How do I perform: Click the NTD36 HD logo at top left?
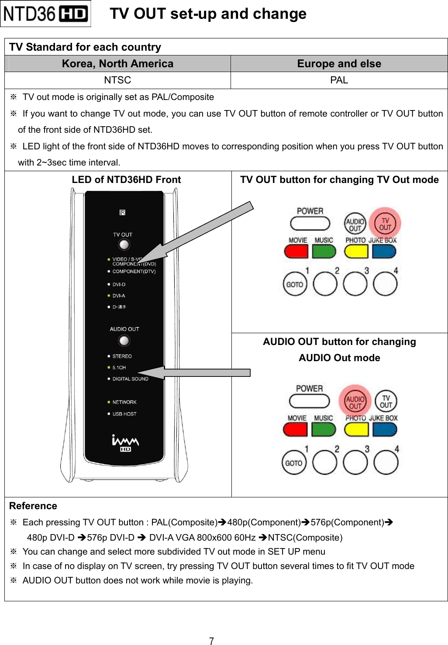click(45, 14)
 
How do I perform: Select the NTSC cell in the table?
click(117, 80)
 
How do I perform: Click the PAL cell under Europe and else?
click(339, 80)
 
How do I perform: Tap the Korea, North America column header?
click(117, 64)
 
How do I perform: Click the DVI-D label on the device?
click(119, 284)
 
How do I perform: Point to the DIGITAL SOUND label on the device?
click(130, 379)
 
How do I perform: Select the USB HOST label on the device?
click(124, 414)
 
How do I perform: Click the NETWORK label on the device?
click(124, 402)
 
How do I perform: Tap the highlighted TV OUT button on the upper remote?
click(385, 224)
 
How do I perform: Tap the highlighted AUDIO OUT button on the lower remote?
click(355, 402)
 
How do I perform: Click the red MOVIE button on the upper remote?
click(296, 252)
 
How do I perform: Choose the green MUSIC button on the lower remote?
click(324, 429)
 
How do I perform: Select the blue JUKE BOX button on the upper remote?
click(384, 252)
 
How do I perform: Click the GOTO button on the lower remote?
click(294, 463)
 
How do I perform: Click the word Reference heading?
click(33, 506)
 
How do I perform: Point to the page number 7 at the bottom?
click(211, 641)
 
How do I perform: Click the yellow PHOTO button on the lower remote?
click(356, 429)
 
